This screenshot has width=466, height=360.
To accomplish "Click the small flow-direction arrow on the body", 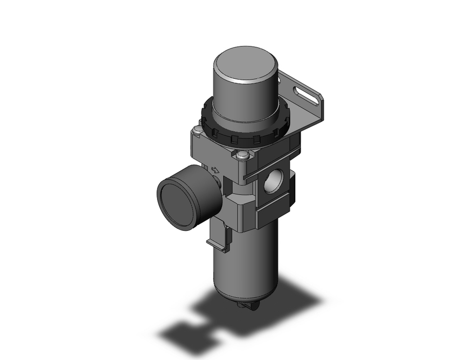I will tap(216, 170).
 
